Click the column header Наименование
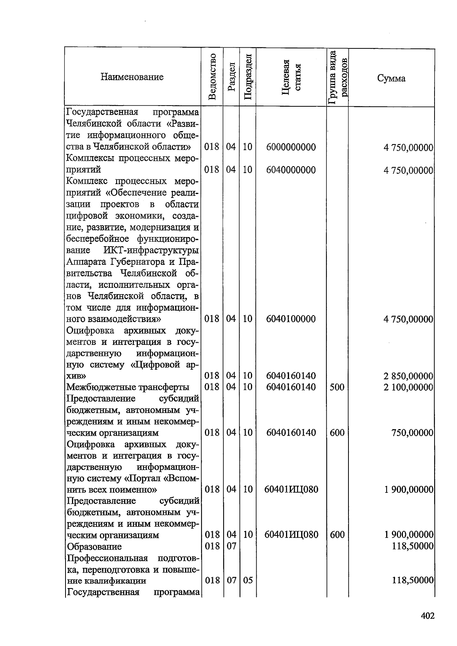click(x=132, y=77)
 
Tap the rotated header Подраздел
click(x=248, y=77)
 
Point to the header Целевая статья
click(x=291, y=77)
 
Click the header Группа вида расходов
click(x=338, y=77)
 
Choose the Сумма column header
click(x=391, y=79)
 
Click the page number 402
click(x=427, y=616)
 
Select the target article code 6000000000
click(x=291, y=147)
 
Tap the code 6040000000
click(x=291, y=170)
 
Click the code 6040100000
click(x=291, y=319)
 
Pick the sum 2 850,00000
click(x=408, y=376)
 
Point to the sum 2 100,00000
click(x=408, y=388)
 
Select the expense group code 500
click(x=337, y=388)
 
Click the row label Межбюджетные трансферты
click(x=128, y=388)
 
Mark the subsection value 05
click(x=248, y=581)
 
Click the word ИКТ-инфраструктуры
click(x=151, y=250)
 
